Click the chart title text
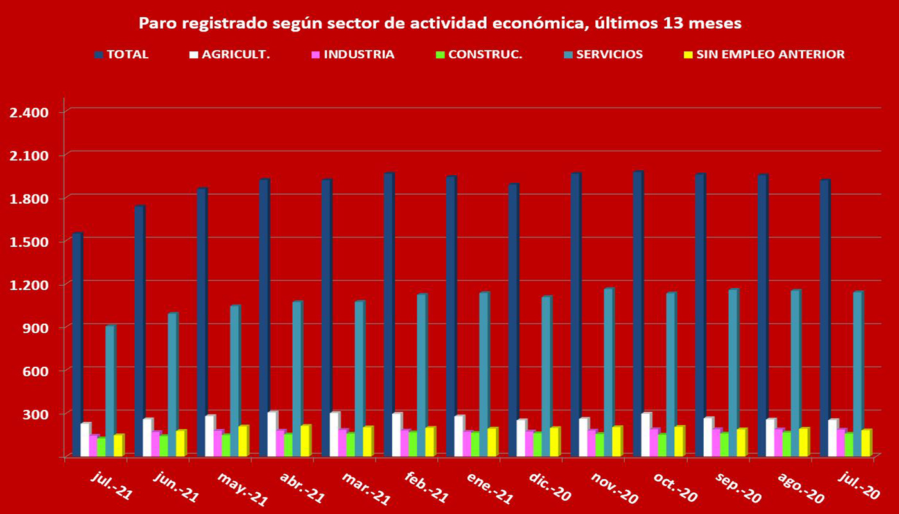[x=441, y=24]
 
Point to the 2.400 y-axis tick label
[x=30, y=112]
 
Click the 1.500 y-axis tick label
[x=30, y=242]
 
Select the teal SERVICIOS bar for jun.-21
[x=172, y=385]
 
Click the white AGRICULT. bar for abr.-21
[x=272, y=434]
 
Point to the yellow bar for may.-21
[x=243, y=441]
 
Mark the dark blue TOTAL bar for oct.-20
[x=637, y=315]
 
